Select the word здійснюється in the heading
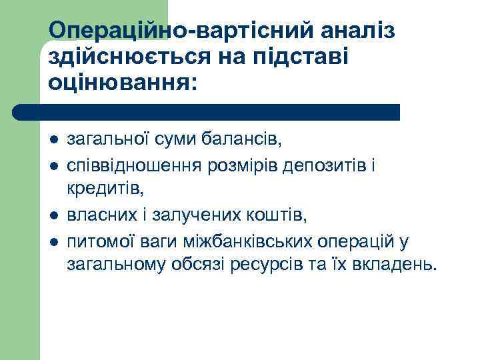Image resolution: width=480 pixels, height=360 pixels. click(131, 57)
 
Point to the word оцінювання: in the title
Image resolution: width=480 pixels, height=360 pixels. click(123, 83)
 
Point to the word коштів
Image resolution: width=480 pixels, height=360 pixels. click(283, 215)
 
